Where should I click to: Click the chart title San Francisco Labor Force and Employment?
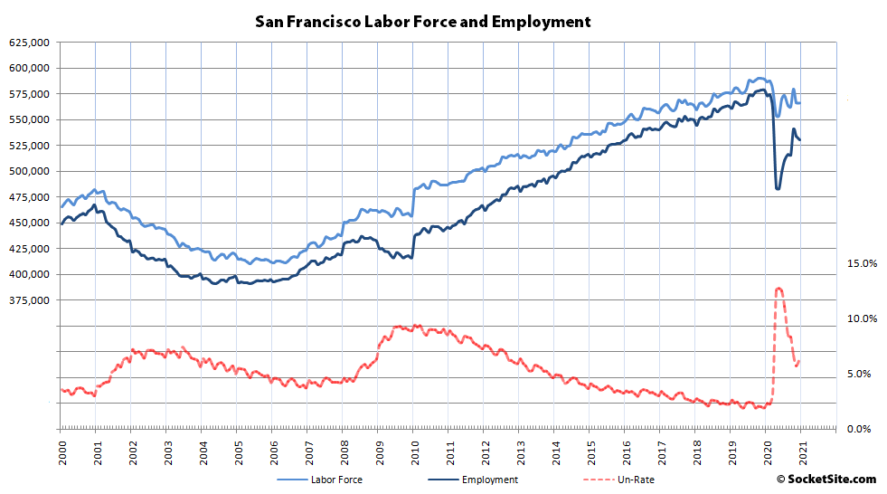click(423, 21)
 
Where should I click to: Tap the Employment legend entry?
click(489, 480)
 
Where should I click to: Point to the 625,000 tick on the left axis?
click(28, 43)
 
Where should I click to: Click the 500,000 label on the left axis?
click(28, 172)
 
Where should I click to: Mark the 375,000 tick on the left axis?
click(28, 300)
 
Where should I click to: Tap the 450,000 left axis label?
click(28, 223)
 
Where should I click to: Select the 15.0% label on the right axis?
click(862, 263)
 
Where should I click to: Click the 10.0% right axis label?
click(862, 318)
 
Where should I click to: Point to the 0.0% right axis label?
click(862, 429)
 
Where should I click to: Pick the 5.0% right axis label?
click(862, 374)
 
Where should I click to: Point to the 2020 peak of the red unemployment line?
click(778, 289)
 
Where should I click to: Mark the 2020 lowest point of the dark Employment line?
click(778, 188)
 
